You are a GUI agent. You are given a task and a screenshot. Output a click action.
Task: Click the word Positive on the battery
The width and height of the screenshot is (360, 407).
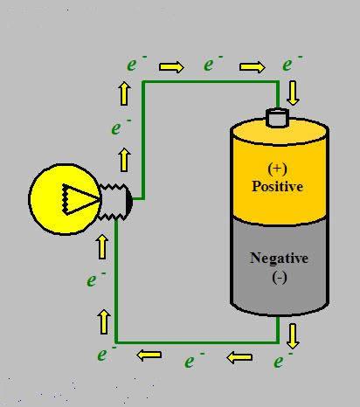277,186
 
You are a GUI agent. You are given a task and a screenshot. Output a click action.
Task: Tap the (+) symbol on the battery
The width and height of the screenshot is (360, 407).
277,169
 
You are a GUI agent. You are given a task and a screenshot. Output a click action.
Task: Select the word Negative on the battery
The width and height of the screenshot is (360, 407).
279,259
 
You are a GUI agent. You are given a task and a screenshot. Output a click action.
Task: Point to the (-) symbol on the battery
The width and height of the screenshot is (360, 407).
280,278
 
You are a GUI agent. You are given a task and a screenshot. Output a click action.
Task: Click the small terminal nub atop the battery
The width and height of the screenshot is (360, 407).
278,118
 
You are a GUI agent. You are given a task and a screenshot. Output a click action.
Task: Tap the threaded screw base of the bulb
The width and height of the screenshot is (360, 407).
113,202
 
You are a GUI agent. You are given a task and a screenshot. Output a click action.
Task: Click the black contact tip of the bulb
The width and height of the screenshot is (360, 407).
129,202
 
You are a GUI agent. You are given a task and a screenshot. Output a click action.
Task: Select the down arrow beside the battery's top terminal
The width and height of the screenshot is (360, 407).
293,93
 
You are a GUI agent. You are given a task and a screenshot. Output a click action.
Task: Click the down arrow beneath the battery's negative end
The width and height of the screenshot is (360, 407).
293,336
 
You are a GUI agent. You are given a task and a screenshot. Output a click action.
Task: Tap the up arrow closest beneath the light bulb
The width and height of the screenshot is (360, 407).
102,246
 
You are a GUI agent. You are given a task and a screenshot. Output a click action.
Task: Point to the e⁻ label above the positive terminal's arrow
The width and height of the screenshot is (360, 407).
292,64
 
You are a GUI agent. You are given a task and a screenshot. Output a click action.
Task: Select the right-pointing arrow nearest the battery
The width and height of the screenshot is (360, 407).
253,67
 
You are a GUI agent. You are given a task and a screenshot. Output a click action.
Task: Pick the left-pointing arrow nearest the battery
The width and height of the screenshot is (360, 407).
239,357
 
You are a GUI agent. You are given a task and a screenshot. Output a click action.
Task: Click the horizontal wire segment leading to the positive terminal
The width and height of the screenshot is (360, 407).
211,82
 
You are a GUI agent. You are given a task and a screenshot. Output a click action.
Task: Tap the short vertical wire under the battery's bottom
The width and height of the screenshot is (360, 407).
277,328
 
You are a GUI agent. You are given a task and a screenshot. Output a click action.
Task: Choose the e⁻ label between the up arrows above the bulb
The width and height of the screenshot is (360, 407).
121,128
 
